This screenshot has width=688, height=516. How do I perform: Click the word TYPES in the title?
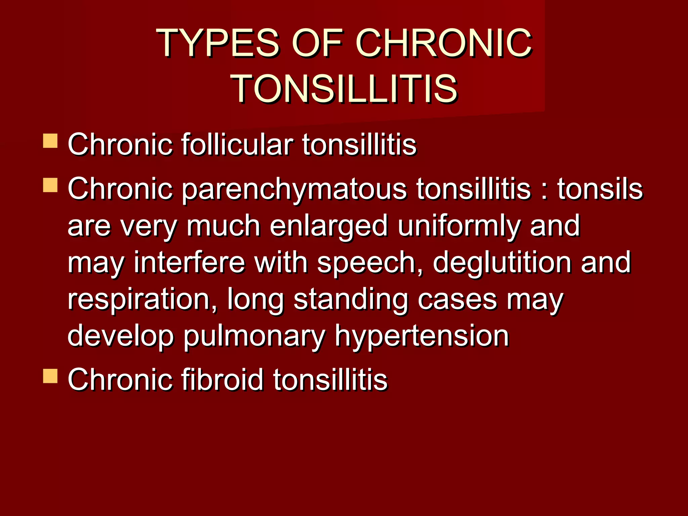218,43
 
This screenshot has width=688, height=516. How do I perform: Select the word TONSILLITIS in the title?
345,89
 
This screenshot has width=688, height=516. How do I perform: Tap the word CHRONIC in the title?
443,43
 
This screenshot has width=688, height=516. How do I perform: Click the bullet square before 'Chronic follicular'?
50,141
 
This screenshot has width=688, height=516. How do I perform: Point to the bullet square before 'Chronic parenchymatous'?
50,185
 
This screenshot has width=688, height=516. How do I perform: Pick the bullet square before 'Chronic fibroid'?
50,376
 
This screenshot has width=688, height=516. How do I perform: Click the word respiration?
142,299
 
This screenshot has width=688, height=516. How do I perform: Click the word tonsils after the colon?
600,189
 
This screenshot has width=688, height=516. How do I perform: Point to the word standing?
351,299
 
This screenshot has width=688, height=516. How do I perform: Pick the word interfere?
190,262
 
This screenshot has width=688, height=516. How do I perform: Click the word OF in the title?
317,43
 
